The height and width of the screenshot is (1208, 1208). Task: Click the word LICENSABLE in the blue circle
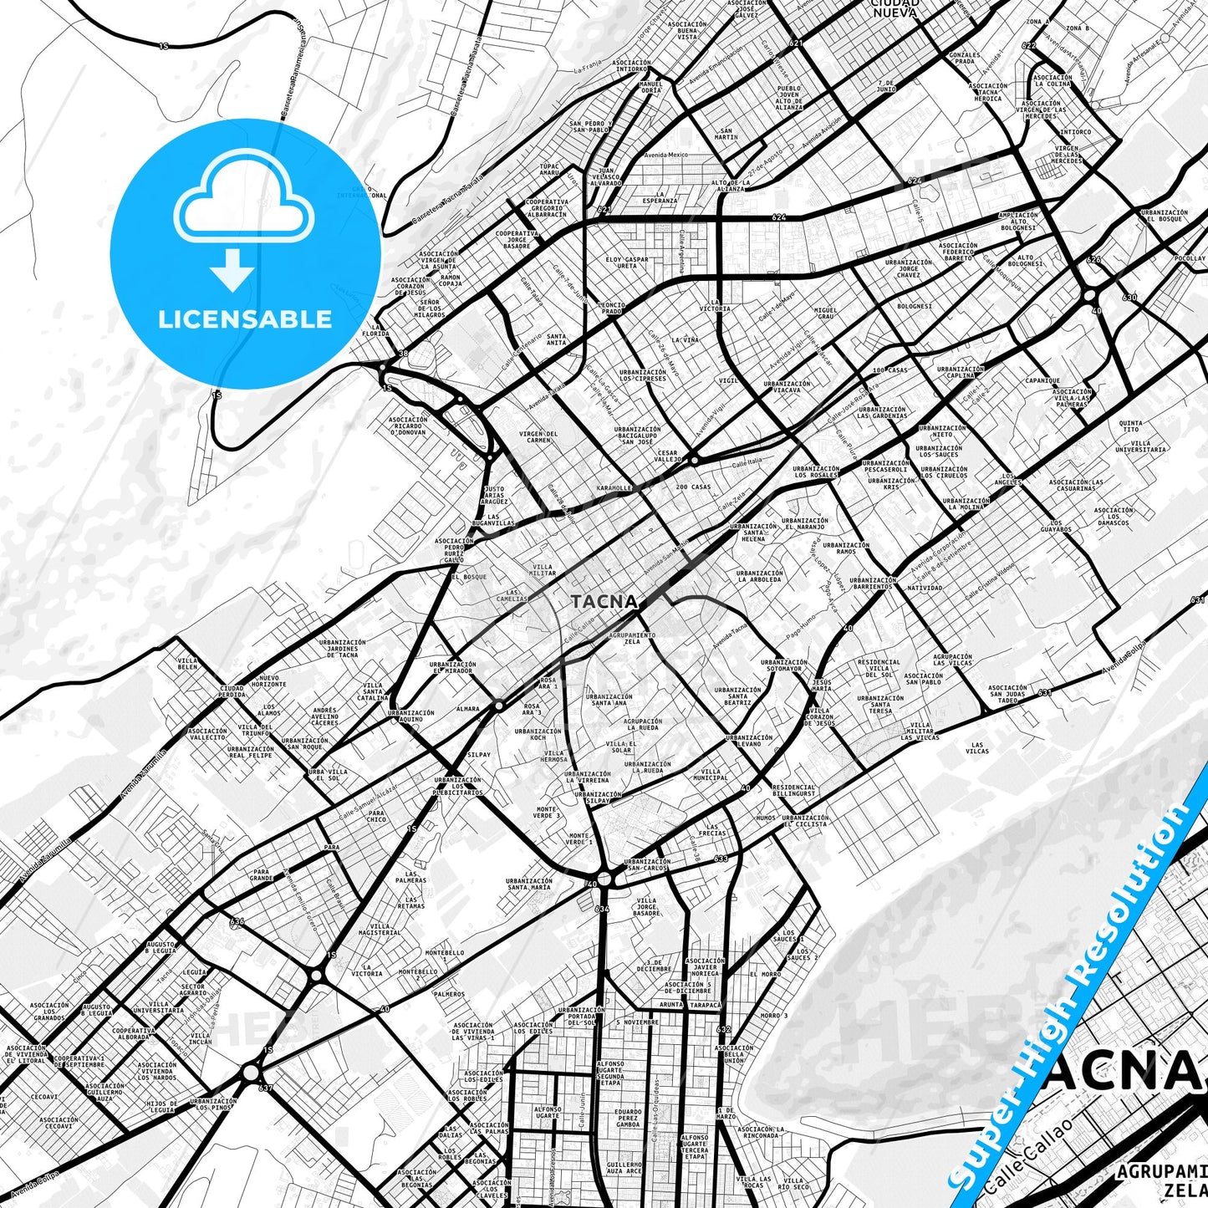pyautogui.click(x=245, y=319)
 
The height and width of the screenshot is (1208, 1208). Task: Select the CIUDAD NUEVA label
pyautogui.click(x=895, y=8)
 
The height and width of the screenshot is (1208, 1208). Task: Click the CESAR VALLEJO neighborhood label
pyautogui.click(x=668, y=456)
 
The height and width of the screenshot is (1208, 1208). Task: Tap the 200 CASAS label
pyautogui.click(x=694, y=487)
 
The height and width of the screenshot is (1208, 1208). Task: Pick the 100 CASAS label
pyautogui.click(x=889, y=370)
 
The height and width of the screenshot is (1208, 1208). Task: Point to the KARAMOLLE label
pyautogui.click(x=614, y=487)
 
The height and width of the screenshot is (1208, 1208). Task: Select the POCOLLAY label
pyautogui.click(x=1189, y=258)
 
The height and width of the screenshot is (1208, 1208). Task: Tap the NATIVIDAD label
pyautogui.click(x=924, y=588)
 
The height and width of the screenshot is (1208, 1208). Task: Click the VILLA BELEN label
pyautogui.click(x=188, y=664)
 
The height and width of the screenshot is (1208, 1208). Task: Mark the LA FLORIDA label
pyautogui.click(x=380, y=330)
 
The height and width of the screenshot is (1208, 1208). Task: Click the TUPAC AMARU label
pyautogui.click(x=549, y=170)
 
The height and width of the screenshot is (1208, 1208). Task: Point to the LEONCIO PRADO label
pyautogui.click(x=611, y=308)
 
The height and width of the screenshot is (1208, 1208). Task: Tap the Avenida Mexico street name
pyautogui.click(x=665, y=155)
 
